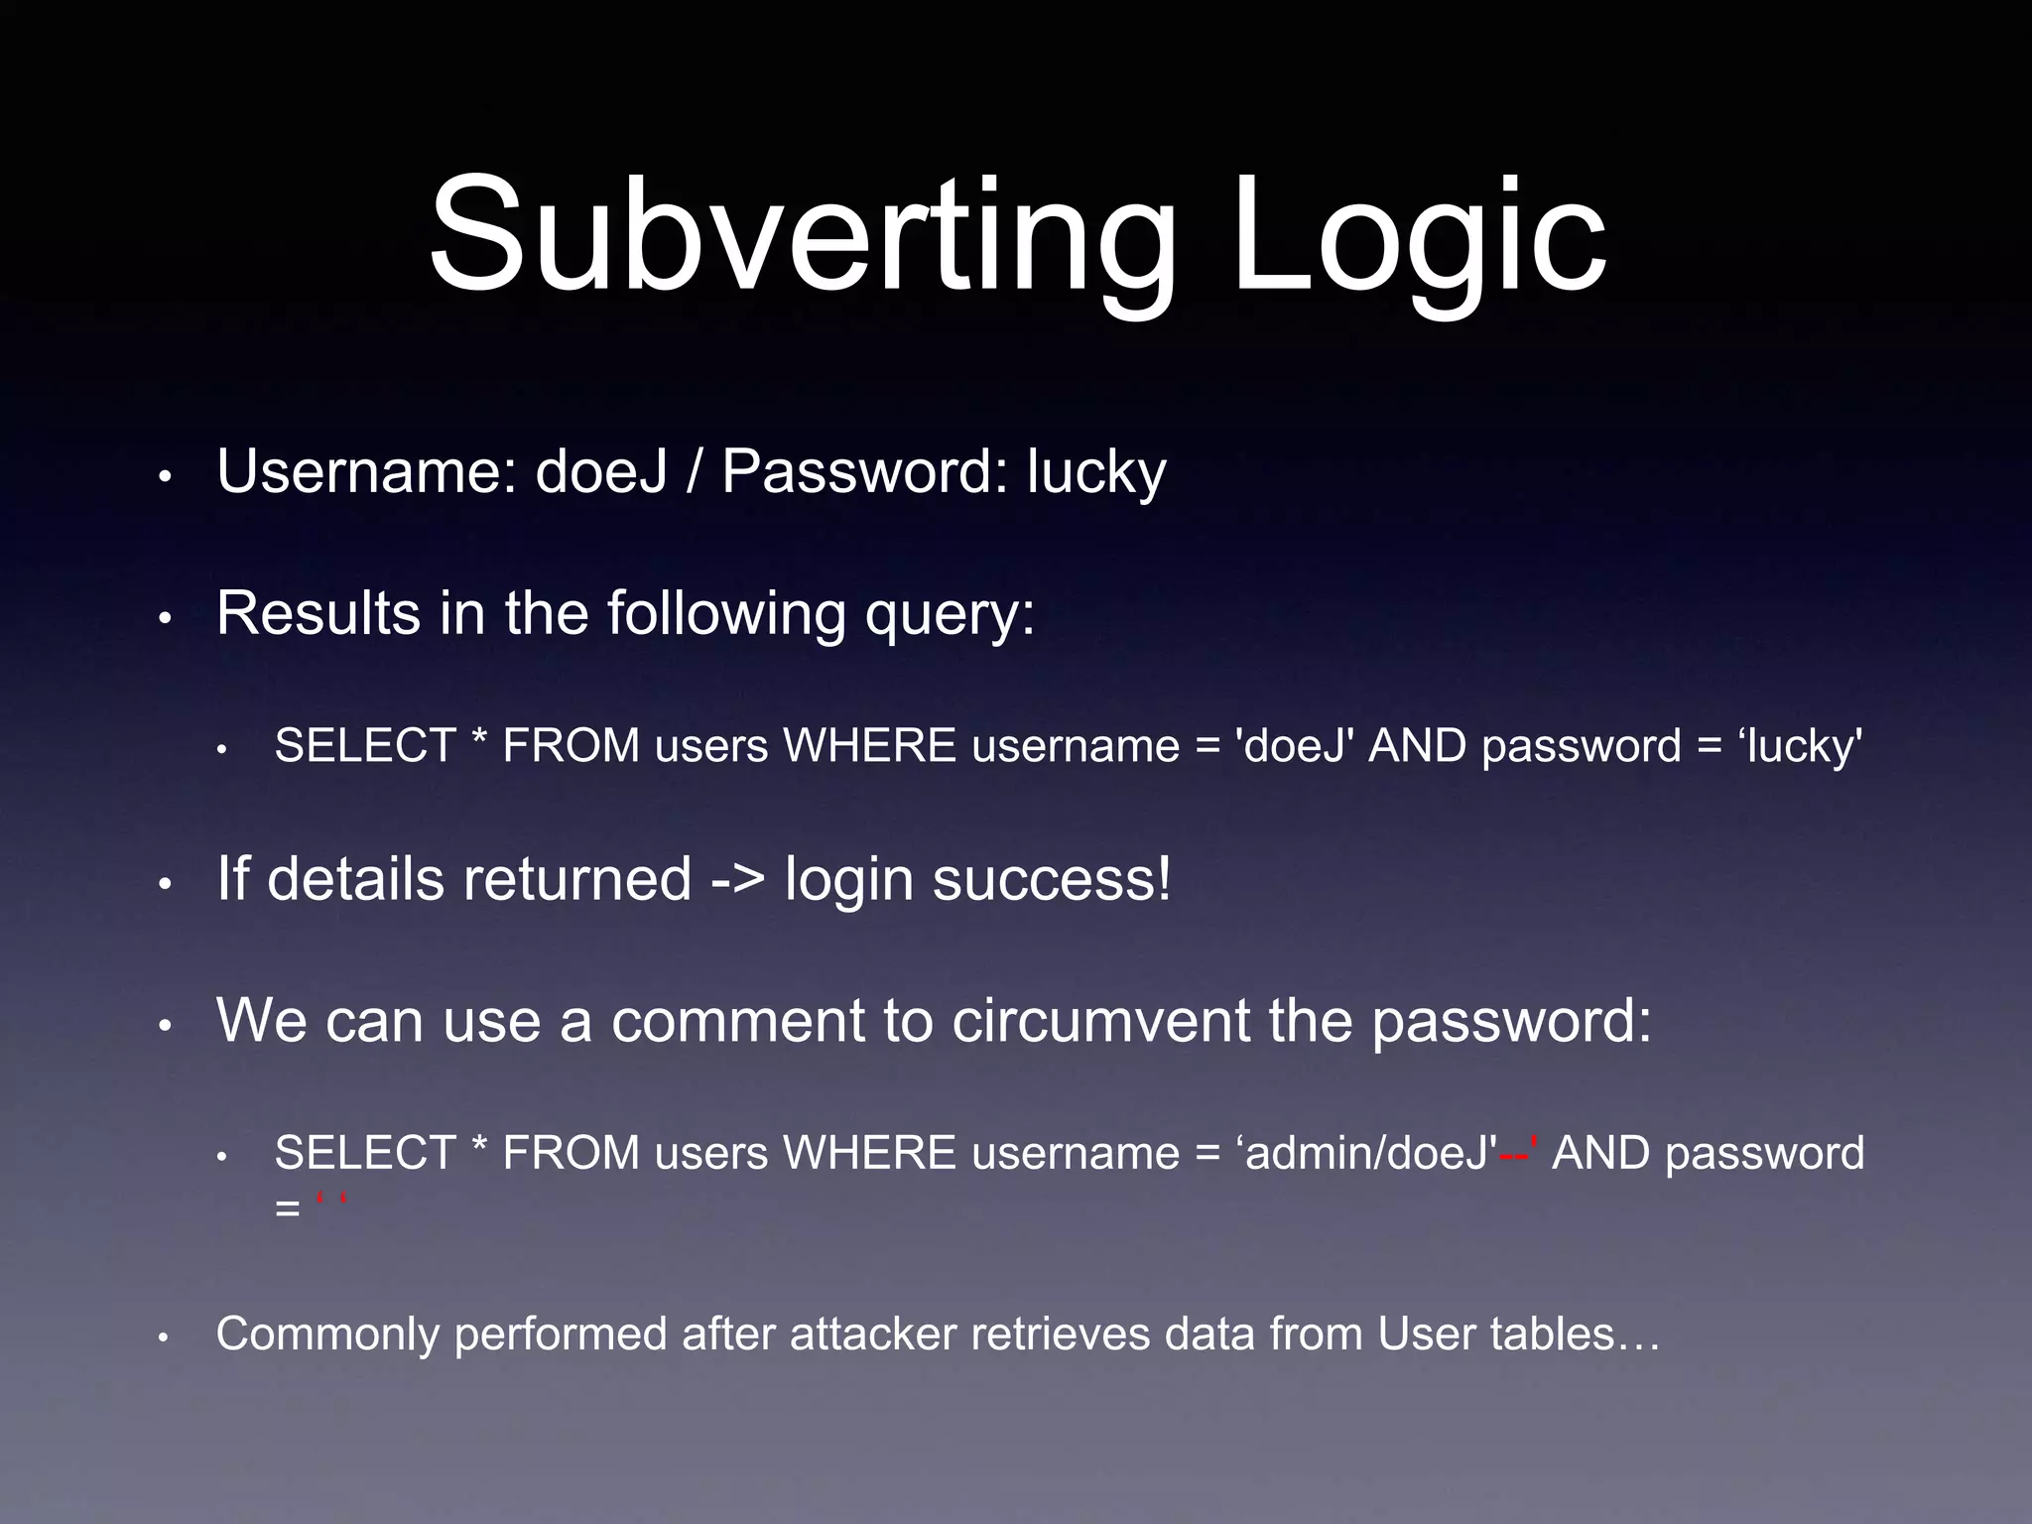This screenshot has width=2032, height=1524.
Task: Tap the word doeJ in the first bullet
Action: point(600,471)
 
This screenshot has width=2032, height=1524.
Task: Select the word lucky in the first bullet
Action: point(1096,472)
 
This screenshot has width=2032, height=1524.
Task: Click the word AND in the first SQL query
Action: point(1417,746)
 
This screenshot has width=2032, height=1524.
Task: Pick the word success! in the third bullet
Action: point(1052,880)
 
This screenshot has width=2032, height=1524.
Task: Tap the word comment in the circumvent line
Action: point(738,1021)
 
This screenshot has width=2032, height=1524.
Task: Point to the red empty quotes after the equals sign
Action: point(331,1204)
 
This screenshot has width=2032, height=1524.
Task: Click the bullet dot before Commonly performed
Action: point(165,1337)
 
